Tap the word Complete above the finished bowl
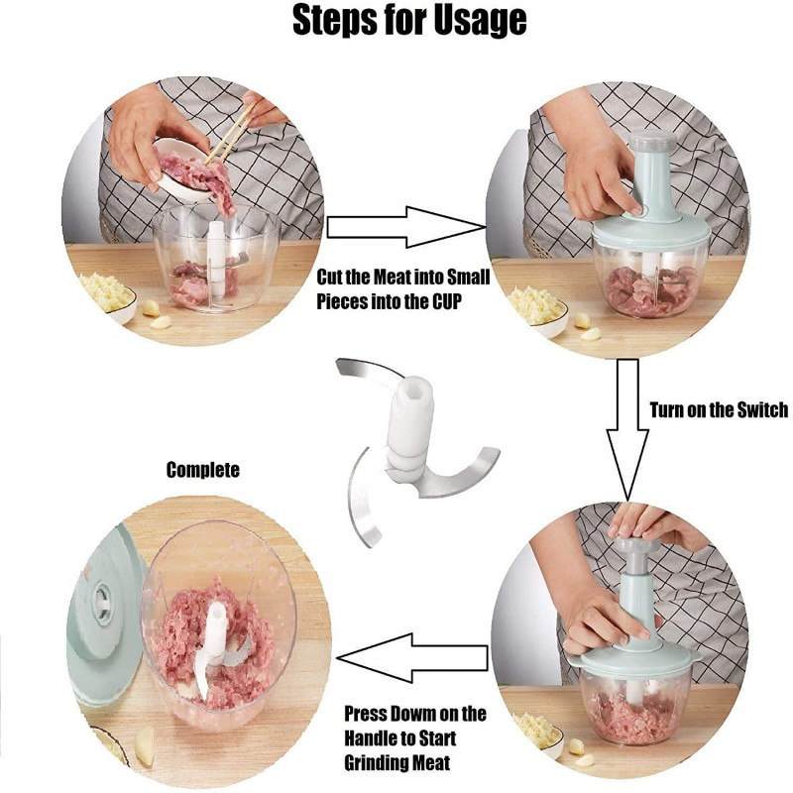pyautogui.click(x=202, y=470)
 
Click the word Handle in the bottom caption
pyautogui.click(x=375, y=739)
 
